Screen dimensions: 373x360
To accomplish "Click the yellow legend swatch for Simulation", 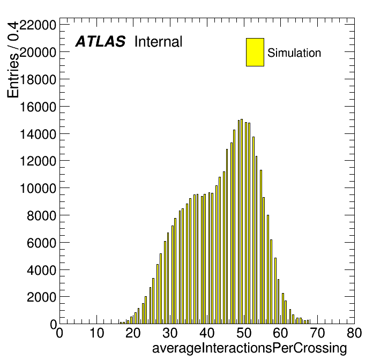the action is [255, 52].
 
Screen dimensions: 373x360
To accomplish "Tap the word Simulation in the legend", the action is [294, 53].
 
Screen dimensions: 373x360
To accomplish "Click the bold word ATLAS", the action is [100, 41].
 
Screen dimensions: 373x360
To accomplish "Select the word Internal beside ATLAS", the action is [159, 41].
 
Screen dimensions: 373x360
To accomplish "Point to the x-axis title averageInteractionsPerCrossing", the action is [250, 348].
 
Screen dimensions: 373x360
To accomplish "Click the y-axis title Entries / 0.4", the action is [13, 59].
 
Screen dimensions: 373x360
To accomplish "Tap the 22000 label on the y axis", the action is [38, 25].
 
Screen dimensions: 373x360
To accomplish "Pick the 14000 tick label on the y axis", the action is [38, 134].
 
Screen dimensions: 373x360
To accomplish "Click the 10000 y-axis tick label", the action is [38, 189].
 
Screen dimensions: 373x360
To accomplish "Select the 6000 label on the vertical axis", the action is [41, 243].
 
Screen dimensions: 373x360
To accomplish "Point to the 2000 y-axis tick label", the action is [41, 297].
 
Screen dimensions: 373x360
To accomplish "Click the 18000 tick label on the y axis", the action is [38, 79].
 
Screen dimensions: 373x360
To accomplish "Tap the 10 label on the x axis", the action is [96, 333].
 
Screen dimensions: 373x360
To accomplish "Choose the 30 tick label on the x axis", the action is [170, 333].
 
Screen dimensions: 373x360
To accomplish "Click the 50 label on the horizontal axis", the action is [244, 333].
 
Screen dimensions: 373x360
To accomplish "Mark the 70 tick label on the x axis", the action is [318, 333].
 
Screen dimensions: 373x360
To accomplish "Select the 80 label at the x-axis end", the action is [354, 333].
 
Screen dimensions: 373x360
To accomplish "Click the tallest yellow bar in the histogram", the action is [242, 221].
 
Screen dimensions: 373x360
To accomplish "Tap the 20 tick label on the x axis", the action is [133, 333].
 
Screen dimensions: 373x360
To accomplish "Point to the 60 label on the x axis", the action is [281, 333].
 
